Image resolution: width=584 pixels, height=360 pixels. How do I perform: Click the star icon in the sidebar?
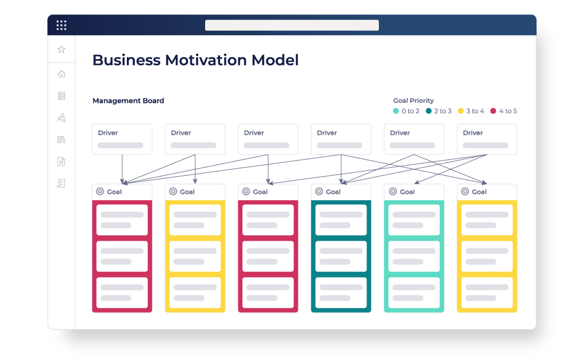[x=61, y=49]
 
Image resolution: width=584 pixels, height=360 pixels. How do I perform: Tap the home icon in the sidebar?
[x=61, y=74]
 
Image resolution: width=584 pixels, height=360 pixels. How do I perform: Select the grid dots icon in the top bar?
[x=61, y=26]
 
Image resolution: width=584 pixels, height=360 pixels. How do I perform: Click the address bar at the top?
[x=292, y=26]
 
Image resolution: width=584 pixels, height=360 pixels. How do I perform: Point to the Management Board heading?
[x=128, y=101]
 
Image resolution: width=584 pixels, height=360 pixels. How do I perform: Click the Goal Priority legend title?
[x=413, y=101]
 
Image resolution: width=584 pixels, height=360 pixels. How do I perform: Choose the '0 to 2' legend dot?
[x=396, y=111]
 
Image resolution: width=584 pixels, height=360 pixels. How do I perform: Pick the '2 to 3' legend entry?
[x=439, y=111]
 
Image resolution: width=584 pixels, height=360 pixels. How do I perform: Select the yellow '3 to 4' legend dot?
[x=461, y=111]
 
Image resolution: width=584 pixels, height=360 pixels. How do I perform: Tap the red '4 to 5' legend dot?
[x=493, y=111]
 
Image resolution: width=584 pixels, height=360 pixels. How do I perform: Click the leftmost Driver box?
[x=122, y=139]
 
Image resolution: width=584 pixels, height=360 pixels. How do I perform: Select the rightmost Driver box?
[x=487, y=139]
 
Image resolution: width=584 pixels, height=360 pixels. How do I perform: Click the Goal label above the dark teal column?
[x=333, y=192]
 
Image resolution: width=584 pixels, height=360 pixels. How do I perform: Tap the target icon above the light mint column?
[x=393, y=191]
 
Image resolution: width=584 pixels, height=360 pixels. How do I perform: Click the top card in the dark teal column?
[x=341, y=219]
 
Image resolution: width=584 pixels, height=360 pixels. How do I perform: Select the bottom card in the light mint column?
[x=414, y=292]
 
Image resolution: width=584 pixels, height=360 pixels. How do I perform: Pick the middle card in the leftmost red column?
[x=122, y=256]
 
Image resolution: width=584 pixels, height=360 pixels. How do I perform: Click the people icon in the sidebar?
[x=61, y=118]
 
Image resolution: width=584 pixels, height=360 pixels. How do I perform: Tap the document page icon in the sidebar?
[x=61, y=161]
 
